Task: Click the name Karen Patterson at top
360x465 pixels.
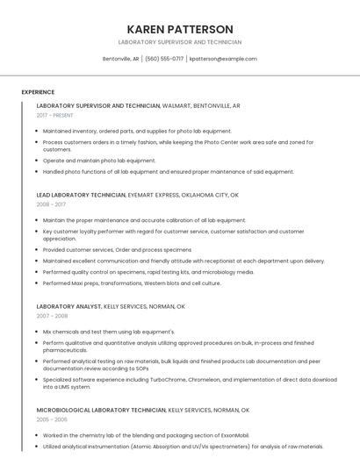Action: pos(180,29)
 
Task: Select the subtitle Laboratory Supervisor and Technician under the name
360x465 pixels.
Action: pos(180,42)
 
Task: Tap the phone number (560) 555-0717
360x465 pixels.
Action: pos(164,59)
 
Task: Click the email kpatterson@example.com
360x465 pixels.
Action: pos(223,59)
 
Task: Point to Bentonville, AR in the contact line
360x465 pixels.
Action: pos(120,59)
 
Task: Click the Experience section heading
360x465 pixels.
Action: pos(38,92)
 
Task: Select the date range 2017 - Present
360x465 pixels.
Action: pos(54,115)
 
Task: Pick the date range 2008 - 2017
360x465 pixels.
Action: pos(51,204)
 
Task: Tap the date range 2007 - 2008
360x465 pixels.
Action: pos(52,316)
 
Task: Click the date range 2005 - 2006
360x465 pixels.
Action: pos(52,419)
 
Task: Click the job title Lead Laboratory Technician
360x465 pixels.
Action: pos(81,195)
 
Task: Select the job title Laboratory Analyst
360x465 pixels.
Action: pos(68,306)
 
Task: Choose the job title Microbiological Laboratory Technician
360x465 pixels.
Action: pos(101,410)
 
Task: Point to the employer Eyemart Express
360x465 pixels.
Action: pos(154,195)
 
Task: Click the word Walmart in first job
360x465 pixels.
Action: pos(176,105)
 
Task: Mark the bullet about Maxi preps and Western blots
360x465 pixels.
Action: pos(132,283)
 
